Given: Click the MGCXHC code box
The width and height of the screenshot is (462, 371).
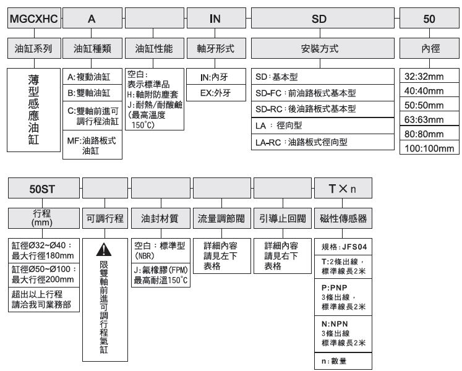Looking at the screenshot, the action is (x=34, y=19).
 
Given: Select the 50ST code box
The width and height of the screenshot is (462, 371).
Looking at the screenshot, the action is (x=44, y=188).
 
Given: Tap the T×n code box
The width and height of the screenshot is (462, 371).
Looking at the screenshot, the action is (x=343, y=188).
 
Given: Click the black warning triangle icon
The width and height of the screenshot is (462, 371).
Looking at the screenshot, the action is (x=104, y=249).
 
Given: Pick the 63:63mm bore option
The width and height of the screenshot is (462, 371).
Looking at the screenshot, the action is (x=429, y=119).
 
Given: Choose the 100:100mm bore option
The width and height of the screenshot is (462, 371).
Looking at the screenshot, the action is (x=429, y=147).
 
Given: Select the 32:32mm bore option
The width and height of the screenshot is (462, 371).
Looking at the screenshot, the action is (x=429, y=75).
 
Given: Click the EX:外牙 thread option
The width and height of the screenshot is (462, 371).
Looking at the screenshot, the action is (x=216, y=93).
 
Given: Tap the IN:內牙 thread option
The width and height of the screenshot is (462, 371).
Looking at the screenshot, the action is (x=216, y=77).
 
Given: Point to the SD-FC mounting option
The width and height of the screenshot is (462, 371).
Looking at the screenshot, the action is (x=323, y=93).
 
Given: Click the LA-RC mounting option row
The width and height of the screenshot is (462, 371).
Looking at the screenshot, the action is (x=323, y=142).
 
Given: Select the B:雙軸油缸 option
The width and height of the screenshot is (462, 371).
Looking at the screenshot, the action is (x=92, y=93).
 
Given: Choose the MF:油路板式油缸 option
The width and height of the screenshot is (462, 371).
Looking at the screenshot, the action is (x=92, y=145).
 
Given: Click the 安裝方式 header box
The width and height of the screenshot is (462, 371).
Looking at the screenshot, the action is (x=323, y=48).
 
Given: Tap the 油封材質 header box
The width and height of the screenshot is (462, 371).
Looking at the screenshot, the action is (x=161, y=218).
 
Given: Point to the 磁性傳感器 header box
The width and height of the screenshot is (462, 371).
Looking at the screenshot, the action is (x=343, y=218).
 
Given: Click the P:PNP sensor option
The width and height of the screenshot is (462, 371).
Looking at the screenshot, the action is (x=343, y=297).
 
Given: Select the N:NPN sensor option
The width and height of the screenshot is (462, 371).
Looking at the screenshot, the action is (x=343, y=333).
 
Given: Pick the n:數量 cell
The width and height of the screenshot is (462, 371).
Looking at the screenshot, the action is (x=343, y=360).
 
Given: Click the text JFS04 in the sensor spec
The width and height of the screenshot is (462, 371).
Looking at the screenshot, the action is (x=354, y=247).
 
